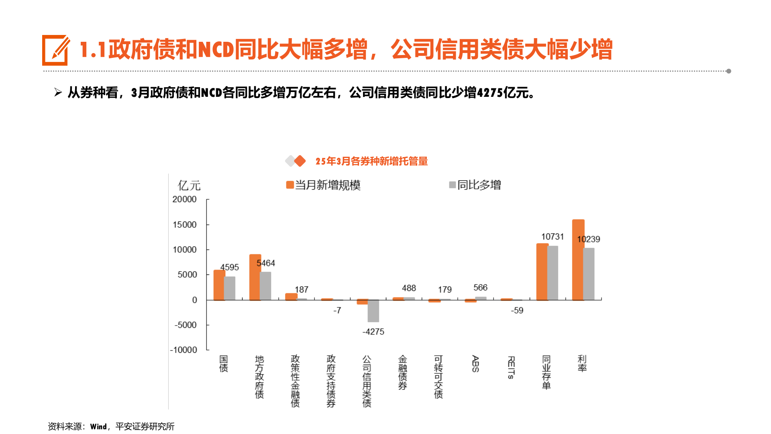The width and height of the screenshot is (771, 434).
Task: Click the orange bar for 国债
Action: tap(218, 285)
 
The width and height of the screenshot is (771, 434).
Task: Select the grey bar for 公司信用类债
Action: tap(373, 311)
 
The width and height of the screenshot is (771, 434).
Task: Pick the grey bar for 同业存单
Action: tap(553, 273)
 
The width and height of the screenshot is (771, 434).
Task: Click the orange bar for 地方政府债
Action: tap(255, 277)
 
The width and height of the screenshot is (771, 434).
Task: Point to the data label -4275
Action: tap(373, 332)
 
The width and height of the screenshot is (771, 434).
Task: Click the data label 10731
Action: tap(552, 237)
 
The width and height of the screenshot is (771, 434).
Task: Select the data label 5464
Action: tap(265, 263)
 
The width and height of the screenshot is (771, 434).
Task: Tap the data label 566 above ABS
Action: tap(480, 288)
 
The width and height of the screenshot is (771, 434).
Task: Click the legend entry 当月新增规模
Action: tap(323, 185)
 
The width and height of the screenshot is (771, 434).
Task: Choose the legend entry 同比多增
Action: tap(475, 185)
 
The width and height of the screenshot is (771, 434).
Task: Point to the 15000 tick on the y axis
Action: tap(185, 225)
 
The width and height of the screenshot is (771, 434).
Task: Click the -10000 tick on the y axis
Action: tap(184, 350)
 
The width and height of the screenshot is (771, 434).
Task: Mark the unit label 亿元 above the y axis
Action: tap(189, 186)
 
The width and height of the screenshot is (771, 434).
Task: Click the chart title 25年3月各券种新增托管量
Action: tap(371, 161)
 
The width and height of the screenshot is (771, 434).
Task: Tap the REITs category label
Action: tap(511, 367)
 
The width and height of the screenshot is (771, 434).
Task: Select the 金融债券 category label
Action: tap(402, 372)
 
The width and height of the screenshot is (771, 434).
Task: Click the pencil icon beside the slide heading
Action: tap(55, 50)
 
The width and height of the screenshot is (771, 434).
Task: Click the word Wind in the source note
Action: tap(98, 426)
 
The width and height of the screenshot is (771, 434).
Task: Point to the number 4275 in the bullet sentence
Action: tap(490, 93)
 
